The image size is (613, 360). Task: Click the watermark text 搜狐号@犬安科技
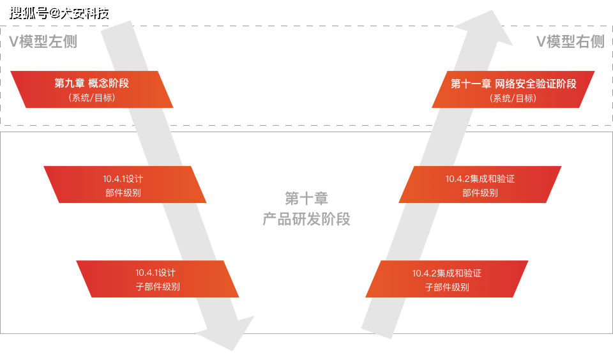pos(57,12)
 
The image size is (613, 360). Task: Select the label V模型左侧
pos(43,42)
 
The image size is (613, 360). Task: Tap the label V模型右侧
pos(570,42)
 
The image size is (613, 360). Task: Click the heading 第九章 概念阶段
pos(92,83)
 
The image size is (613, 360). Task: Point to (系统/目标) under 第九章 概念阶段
pos(92,98)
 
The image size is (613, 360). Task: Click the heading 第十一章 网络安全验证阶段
pos(513,84)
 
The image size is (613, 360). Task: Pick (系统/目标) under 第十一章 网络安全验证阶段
pos(513,98)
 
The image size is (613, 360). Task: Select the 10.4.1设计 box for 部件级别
pos(125,184)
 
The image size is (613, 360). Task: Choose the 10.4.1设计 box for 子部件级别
pos(158,279)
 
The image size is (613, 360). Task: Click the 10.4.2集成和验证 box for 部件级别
pos(480,184)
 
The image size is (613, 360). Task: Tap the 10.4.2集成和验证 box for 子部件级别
pos(447,279)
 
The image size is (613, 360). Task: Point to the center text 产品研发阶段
pos(306,220)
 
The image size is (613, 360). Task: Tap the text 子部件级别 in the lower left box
pos(158,287)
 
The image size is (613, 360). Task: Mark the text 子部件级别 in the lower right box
pos(447,287)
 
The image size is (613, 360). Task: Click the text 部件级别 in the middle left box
pos(123,193)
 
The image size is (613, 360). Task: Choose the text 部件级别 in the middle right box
pos(480,193)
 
